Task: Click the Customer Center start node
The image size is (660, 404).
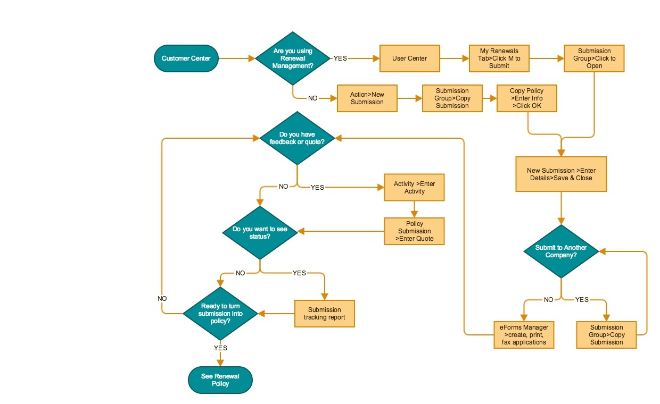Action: pos(186,58)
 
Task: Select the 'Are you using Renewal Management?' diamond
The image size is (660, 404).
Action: pos(292,58)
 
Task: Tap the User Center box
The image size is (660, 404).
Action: pos(409,58)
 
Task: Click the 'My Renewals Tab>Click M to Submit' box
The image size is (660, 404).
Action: pos(499,58)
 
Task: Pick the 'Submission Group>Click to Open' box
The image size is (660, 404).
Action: pos(594,58)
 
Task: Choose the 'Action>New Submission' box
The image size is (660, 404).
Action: pos(367,98)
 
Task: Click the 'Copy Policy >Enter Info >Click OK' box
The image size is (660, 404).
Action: pos(526,98)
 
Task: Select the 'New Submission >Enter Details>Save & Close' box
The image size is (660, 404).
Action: pos(561,174)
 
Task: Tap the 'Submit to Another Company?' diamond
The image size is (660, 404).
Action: pos(561,251)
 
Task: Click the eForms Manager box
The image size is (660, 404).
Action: pos(524,334)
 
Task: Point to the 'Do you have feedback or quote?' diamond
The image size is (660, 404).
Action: pos(297,138)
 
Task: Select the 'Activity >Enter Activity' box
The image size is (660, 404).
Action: pos(414,188)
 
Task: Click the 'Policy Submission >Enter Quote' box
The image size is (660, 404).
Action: pos(414,231)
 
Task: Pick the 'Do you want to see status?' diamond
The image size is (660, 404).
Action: pos(259,232)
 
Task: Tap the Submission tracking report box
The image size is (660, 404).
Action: pos(324,314)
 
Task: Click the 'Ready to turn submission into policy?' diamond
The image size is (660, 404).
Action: pos(220,314)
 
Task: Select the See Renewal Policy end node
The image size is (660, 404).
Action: pos(220,380)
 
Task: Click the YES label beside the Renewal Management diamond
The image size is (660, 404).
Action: pos(340,58)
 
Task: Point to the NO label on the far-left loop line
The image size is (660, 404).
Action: pos(162,299)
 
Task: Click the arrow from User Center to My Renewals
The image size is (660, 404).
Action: pos(455,58)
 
